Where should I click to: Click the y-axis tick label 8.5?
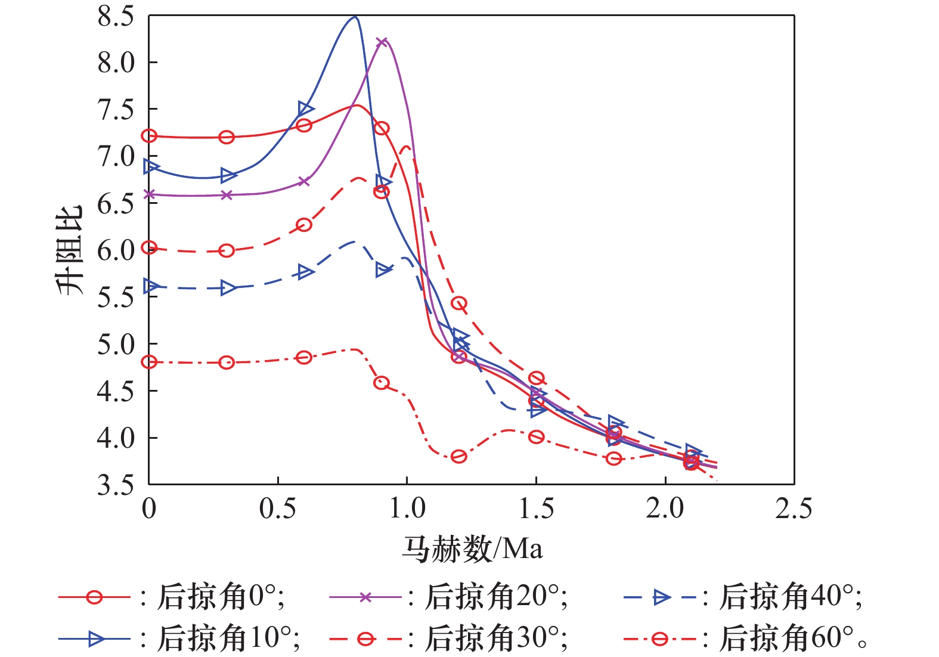[116, 17]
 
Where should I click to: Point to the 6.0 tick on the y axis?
[116, 250]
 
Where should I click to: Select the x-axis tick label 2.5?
[794, 509]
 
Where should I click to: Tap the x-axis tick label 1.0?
[407, 509]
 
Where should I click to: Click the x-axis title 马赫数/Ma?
[472, 548]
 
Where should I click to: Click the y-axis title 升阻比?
[70, 250]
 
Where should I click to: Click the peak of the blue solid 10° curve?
[355, 17]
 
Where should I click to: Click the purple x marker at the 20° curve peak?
[382, 42]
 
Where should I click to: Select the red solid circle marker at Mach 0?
[149, 136]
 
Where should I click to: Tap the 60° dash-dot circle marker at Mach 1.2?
[458, 457]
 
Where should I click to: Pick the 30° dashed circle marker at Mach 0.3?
[227, 251]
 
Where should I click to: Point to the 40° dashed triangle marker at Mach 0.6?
[305, 272]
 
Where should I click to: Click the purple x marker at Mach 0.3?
[227, 195]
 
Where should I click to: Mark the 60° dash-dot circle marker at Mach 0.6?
[304, 358]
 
